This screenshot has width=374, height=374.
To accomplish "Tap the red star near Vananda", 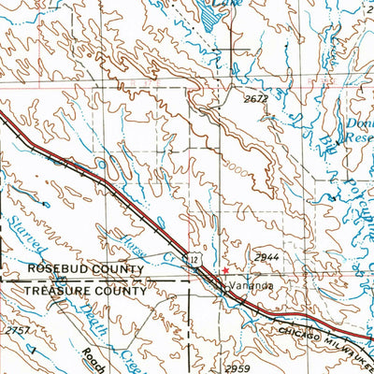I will [x=223, y=269].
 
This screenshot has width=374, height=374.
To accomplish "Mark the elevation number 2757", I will [x=16, y=331].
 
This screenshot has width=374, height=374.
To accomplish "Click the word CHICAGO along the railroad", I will [x=300, y=332].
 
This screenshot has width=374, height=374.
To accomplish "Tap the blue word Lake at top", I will [x=220, y=4].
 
